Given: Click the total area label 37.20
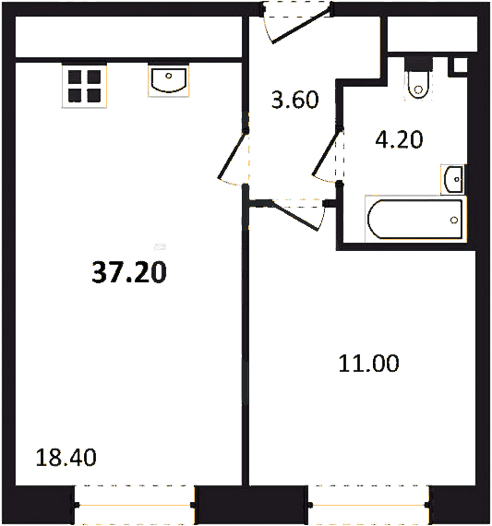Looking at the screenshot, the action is tap(129, 272).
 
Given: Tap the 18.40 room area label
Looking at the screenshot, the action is tap(66, 457).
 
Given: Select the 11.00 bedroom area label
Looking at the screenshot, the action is tap(368, 364).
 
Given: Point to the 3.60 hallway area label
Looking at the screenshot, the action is tap(294, 100).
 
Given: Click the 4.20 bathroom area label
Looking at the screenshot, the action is tap(399, 139).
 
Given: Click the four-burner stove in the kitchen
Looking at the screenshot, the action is tap(84, 86).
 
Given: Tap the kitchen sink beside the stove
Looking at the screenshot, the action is tap(169, 80).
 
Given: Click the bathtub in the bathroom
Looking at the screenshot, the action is tap(415, 219).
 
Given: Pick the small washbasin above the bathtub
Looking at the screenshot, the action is tap(454, 179).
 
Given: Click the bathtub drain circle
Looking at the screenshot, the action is tap(454, 220).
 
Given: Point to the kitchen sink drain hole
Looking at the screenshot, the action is tap(169, 76).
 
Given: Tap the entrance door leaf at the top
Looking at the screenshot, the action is tap(301, 26).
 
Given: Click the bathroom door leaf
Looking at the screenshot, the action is tap(326, 152).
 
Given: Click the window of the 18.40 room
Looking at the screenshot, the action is tap(135, 505).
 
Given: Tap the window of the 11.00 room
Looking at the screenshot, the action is tap(368, 505).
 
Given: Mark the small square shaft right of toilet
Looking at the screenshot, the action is tap(461, 66).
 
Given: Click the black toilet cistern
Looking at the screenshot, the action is tap(418, 64).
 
